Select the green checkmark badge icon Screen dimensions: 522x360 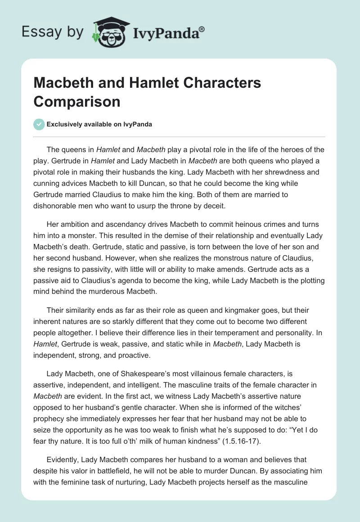[x=39, y=124]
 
